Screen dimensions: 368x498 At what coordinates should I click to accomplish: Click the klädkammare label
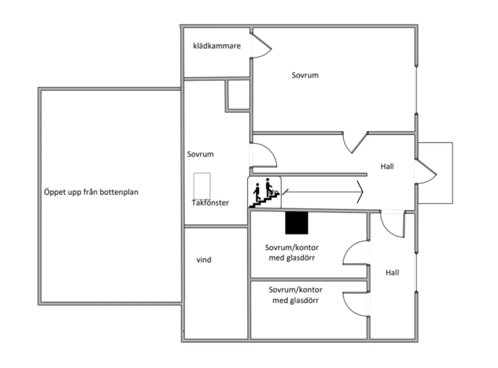pyautogui.click(x=217, y=46)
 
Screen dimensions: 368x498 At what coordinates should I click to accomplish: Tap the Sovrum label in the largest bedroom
pyautogui.click(x=305, y=75)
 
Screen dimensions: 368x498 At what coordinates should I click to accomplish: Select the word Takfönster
pyautogui.click(x=210, y=203)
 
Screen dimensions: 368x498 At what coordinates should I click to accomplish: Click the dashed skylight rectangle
pyautogui.click(x=202, y=186)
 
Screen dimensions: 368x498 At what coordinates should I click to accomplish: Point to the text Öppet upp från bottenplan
pyautogui.click(x=91, y=192)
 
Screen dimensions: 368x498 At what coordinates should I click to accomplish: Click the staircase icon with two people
pyautogui.click(x=264, y=192)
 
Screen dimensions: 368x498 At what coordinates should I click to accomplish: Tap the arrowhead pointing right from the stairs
pyautogui.click(x=360, y=191)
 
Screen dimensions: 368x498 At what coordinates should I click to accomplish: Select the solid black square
pyautogui.click(x=296, y=223)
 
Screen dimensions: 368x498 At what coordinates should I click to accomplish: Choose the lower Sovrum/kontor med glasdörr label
pyautogui.click(x=295, y=295)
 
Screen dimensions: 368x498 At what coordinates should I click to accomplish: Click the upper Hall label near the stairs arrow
pyautogui.click(x=387, y=166)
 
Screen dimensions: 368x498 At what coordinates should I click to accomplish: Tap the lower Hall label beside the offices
pyautogui.click(x=392, y=272)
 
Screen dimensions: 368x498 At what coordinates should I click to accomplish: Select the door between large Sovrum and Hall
pyautogui.click(x=355, y=143)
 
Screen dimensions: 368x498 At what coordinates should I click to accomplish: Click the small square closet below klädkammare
pyautogui.click(x=239, y=95)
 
